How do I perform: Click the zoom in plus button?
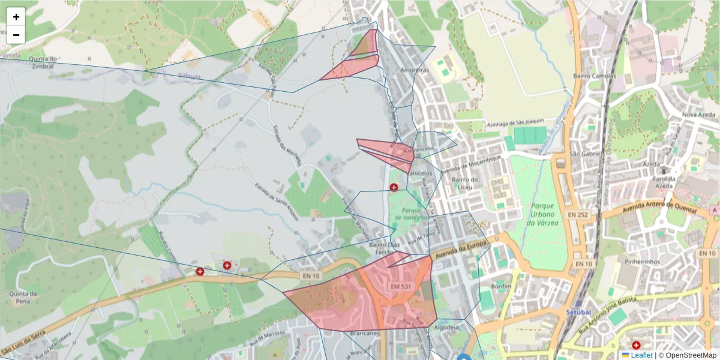point(16,17)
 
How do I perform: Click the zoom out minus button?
point(16,35)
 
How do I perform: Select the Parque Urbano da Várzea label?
point(542,214)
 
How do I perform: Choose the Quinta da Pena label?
point(24,298)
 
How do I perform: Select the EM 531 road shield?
point(401,287)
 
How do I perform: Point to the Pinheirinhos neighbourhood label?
point(642,262)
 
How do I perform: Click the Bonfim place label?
point(500,286)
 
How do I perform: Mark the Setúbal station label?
point(578,313)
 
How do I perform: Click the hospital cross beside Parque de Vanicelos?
point(394,187)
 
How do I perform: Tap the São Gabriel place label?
point(582,154)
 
